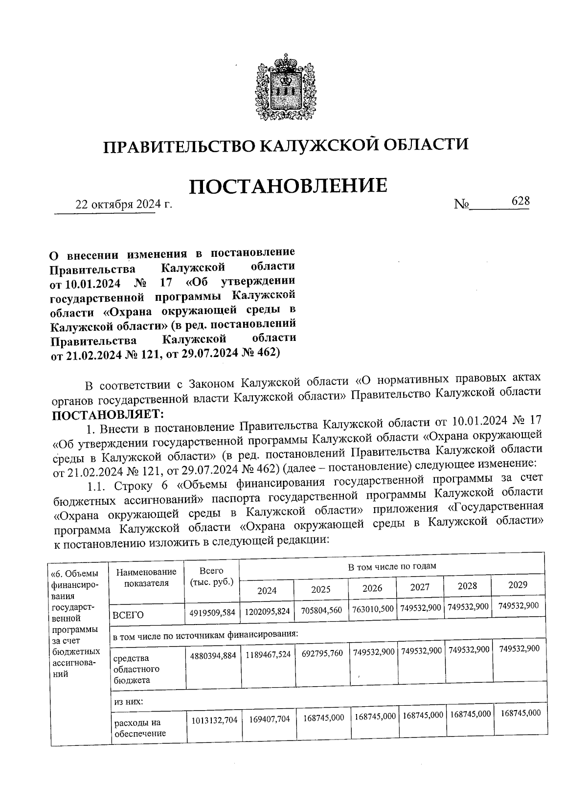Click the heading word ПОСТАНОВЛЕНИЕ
tap(288, 186)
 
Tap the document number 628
tap(520, 201)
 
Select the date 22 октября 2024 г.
tap(123, 205)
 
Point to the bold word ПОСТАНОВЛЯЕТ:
tap(109, 415)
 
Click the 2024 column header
tap(267, 590)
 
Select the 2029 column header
tap(518, 585)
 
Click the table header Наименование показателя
tap(146, 577)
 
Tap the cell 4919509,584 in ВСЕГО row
tap(212, 612)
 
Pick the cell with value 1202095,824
tap(267, 611)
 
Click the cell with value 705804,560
tap(320, 610)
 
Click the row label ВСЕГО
tap(128, 615)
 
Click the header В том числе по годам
tap(391, 566)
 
